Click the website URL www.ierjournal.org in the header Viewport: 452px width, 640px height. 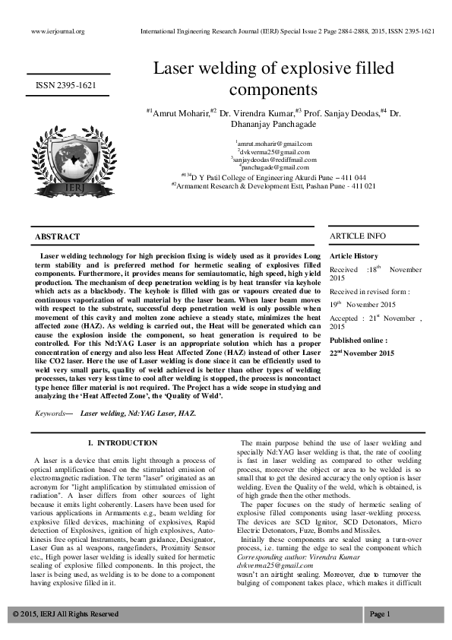click(58, 32)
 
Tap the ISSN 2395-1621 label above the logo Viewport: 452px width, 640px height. click(68, 86)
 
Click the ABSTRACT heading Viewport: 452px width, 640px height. click(58, 237)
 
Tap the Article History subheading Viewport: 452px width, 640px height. click(353, 256)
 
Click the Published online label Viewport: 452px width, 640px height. click(358, 341)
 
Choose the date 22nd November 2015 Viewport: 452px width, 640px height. click(362, 353)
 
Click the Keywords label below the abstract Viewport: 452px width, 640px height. click(52, 413)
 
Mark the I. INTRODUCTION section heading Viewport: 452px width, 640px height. click(122, 442)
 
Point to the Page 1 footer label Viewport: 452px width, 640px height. click(379, 613)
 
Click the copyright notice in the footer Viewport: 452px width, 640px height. click(65, 613)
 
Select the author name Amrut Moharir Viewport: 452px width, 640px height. click(180, 113)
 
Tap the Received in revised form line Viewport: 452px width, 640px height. click(359, 291)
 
